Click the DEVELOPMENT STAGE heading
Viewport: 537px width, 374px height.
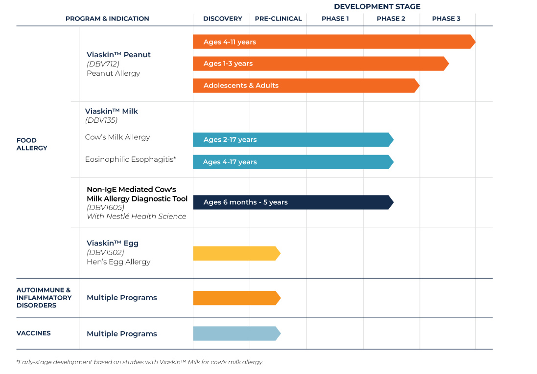coord(377,6)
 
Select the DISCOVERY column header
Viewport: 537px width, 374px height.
coord(223,19)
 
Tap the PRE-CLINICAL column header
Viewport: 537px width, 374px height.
coord(278,19)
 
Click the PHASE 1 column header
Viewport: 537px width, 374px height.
coord(335,19)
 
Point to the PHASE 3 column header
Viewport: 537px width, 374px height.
coord(446,19)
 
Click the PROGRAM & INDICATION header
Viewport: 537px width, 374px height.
coord(107,19)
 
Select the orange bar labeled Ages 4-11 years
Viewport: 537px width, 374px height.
coord(333,42)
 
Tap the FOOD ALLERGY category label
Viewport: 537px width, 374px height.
coord(32,144)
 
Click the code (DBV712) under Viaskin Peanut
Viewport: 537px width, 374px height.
coord(103,64)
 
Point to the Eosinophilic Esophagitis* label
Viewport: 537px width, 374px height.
coord(130,159)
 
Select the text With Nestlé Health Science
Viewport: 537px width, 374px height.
coord(136,217)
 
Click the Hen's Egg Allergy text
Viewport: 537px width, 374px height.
coord(118,262)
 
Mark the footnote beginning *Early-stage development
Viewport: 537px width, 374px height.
coord(140,362)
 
